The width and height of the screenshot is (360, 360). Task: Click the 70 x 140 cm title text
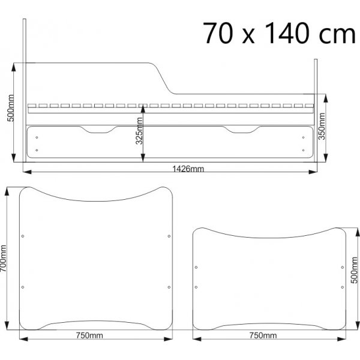(x=279, y=33)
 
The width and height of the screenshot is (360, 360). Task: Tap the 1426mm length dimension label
(x=188, y=169)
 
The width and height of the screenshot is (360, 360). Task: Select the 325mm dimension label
(x=139, y=131)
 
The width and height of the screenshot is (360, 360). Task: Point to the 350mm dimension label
(x=322, y=126)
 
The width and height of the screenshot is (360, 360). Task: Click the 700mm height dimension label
(x=3, y=259)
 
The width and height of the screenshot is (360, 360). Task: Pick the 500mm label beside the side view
(x=10, y=108)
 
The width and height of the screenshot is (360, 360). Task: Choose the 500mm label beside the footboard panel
(x=354, y=270)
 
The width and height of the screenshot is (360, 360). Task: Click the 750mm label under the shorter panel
(x=263, y=335)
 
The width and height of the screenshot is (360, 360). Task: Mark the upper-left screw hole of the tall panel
(x=23, y=236)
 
